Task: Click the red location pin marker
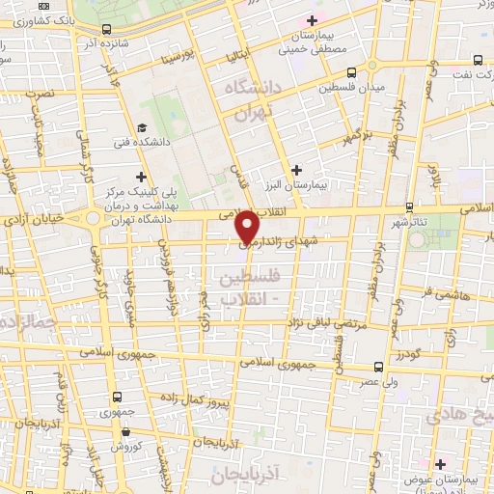click(x=248, y=226)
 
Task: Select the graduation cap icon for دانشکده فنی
click(x=143, y=128)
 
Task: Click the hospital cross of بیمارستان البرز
click(x=296, y=170)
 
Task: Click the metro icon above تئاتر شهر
click(x=409, y=206)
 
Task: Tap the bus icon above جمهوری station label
click(x=117, y=397)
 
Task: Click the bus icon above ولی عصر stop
click(x=378, y=367)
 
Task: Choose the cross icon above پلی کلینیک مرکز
click(x=143, y=176)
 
